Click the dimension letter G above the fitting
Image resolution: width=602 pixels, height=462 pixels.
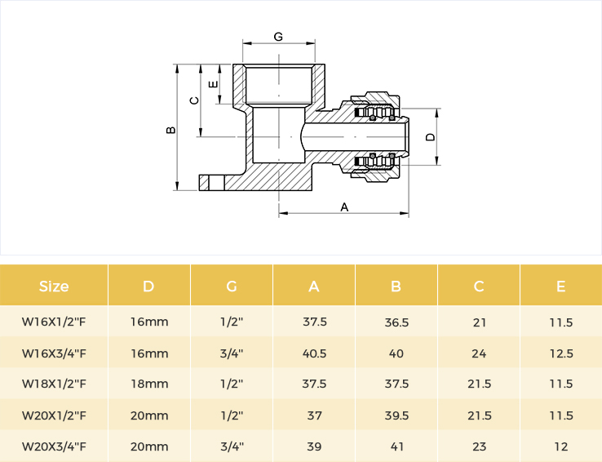(278, 37)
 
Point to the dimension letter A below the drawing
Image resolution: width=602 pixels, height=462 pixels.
(344, 207)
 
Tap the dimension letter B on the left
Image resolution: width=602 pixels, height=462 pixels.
(170, 130)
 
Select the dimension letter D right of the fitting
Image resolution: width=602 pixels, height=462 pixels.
(431, 137)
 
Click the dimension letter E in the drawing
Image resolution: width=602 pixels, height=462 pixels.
(214, 84)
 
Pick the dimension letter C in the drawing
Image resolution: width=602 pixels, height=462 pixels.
(195, 100)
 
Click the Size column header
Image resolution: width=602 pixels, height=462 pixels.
(54, 287)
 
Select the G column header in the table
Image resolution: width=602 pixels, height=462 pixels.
(232, 287)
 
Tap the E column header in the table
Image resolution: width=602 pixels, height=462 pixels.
(561, 287)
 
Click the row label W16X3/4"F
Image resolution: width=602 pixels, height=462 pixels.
(54, 353)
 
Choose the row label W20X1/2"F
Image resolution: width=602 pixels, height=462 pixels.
(54, 415)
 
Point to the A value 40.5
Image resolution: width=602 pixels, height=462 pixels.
(314, 353)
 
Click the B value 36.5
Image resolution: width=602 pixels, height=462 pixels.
(396, 322)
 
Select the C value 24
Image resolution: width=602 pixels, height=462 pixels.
(479, 353)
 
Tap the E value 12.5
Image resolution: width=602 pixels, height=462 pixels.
(561, 353)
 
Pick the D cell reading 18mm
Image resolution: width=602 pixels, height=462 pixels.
(149, 384)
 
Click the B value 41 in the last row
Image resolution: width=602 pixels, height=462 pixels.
(396, 446)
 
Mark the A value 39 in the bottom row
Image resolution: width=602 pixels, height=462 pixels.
(314, 446)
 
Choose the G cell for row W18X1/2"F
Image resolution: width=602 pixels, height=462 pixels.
(232, 384)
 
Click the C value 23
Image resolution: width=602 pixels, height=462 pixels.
(479, 446)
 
